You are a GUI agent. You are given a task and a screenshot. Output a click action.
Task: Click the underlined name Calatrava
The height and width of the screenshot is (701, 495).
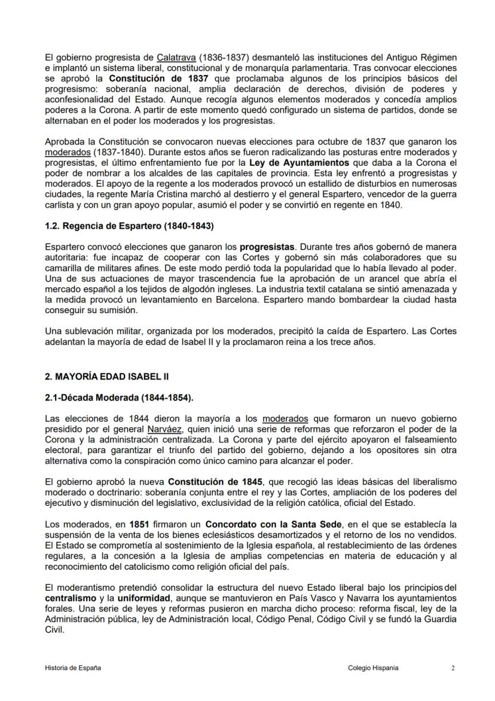(176, 58)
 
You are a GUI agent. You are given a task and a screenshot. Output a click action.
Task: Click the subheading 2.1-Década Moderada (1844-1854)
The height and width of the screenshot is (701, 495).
(120, 398)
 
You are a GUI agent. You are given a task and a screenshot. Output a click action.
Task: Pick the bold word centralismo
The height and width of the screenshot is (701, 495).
(69, 598)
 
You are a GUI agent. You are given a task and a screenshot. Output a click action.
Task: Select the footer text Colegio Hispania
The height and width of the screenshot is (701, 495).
(373, 667)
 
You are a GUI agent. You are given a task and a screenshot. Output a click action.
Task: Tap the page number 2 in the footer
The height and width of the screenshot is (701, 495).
(453, 667)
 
